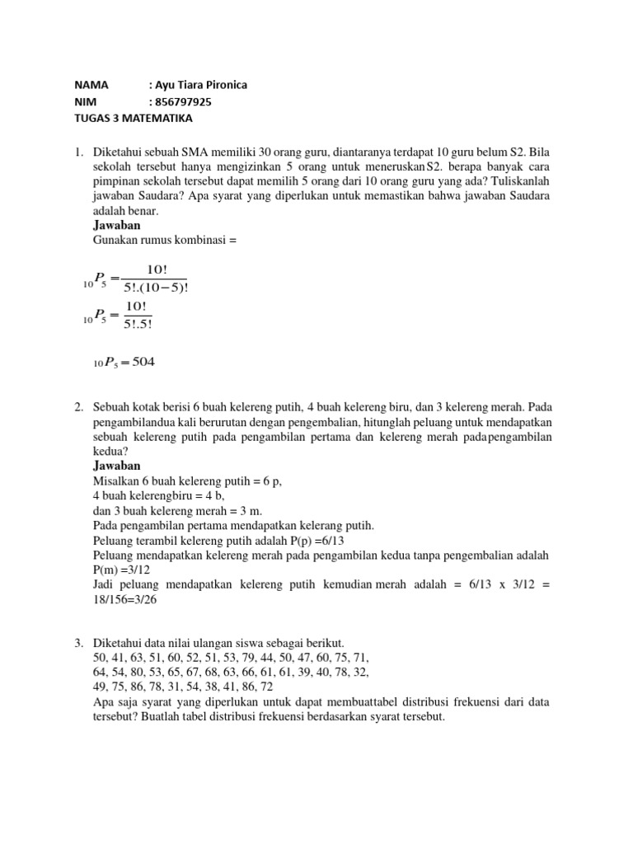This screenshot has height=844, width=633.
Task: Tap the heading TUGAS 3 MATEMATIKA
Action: [133, 118]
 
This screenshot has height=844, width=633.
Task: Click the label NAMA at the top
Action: [91, 85]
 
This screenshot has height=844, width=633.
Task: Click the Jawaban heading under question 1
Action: [117, 225]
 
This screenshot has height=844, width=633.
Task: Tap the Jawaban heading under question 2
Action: [117, 466]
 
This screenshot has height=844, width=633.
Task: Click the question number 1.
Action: [79, 152]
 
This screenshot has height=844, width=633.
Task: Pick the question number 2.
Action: [79, 407]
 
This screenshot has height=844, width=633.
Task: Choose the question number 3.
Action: [79, 642]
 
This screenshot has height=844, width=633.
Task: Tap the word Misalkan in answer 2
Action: [115, 481]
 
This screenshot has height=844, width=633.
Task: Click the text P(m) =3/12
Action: [127, 570]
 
